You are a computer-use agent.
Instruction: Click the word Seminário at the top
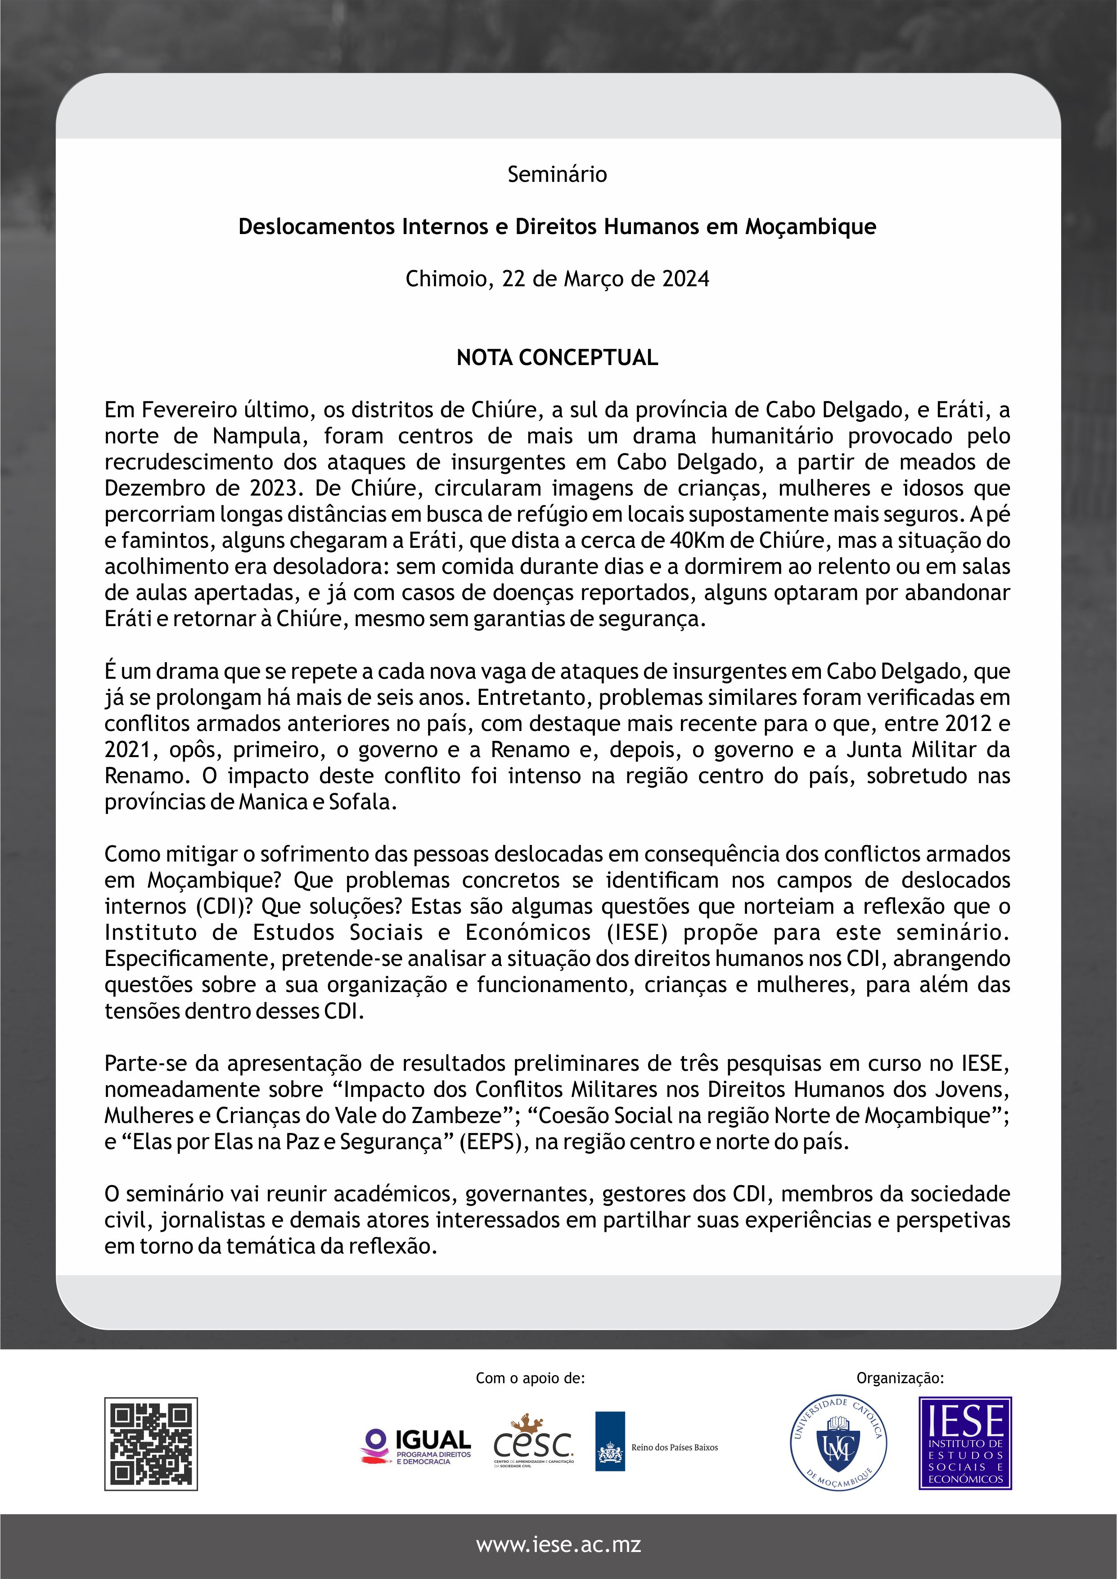point(557,174)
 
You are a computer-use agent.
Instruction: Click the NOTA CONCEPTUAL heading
point(557,357)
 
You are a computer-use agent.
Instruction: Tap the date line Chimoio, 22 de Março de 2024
point(557,279)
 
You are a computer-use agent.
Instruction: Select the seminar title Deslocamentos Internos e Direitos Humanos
point(557,226)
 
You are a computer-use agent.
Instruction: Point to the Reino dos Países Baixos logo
point(657,1447)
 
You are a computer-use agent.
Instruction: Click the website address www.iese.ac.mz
point(558,1545)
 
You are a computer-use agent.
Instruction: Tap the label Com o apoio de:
point(530,1377)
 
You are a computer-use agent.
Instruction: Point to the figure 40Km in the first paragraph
point(697,541)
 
